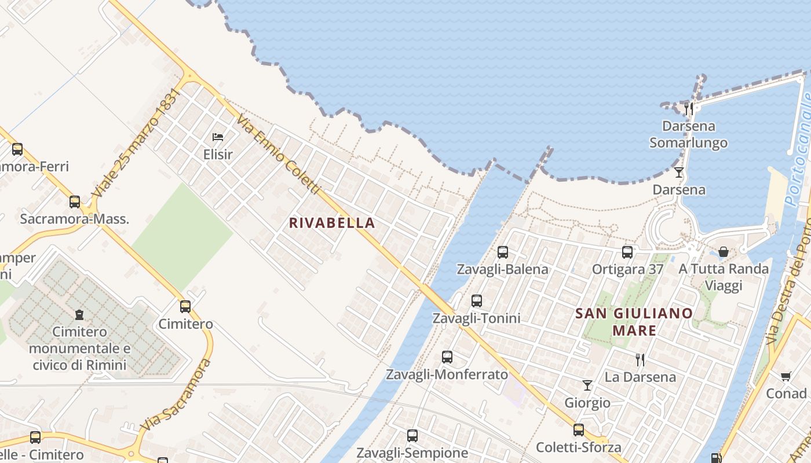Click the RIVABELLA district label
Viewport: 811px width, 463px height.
tap(332, 223)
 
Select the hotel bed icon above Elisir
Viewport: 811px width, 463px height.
tap(218, 137)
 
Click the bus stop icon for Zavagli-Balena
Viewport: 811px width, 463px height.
tap(503, 252)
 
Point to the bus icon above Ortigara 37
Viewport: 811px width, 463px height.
tap(627, 252)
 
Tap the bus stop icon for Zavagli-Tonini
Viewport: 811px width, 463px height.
tap(477, 301)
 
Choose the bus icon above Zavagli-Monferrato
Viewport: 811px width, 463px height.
tap(447, 357)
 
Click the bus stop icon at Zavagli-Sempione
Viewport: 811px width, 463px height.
tap(412, 436)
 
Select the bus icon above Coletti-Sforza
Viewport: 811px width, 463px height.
tap(579, 430)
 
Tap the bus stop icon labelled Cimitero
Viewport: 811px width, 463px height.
tap(185, 307)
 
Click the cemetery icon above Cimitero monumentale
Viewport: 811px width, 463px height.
tap(79, 315)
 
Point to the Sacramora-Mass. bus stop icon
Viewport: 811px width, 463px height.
tap(75, 202)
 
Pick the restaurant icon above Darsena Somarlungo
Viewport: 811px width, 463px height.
tap(689, 108)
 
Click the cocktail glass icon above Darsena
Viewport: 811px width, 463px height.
tap(679, 172)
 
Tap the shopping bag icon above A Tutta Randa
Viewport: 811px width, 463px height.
tap(724, 252)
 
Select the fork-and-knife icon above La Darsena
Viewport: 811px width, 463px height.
tap(640, 359)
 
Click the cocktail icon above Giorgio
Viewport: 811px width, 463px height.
tap(587, 385)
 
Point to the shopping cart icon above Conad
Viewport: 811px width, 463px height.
tap(786, 377)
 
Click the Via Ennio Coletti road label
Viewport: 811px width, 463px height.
tap(278, 154)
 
